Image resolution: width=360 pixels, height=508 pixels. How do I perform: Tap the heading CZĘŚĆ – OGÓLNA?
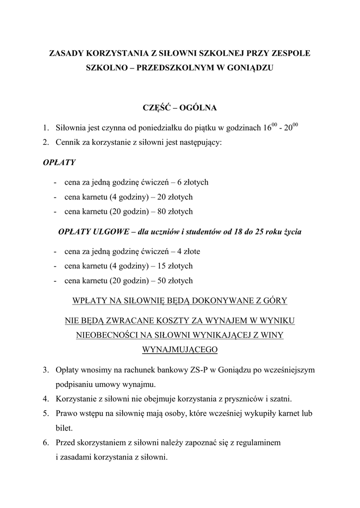(180, 107)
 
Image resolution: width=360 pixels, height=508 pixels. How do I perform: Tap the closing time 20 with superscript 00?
(291, 127)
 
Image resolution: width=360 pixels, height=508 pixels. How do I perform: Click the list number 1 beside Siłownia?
(45, 128)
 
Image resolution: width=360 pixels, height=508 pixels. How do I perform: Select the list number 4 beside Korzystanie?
(45, 398)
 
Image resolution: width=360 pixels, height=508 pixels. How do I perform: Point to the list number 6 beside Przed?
(45, 442)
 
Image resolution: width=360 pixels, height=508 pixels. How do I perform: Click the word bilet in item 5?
(65, 427)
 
